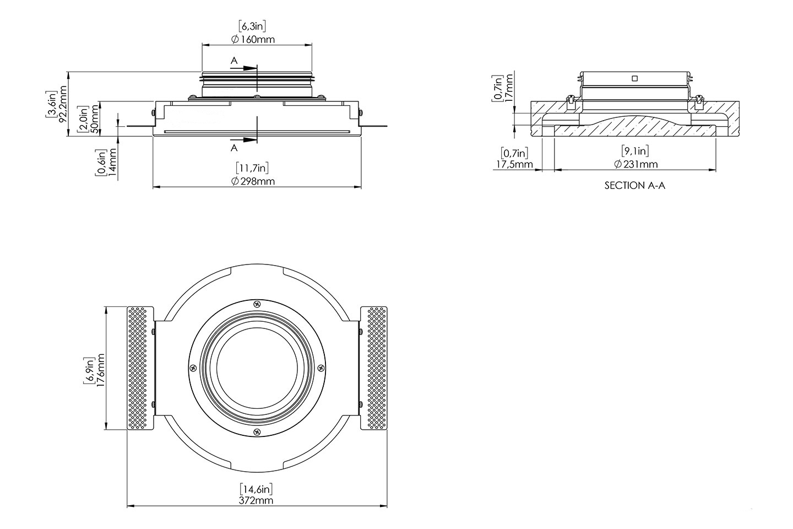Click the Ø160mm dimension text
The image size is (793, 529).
[253, 40]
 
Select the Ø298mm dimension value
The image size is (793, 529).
[253, 182]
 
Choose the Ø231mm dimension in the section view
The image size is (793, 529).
[636, 164]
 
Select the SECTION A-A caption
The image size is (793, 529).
[635, 186]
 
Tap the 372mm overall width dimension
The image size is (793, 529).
[257, 500]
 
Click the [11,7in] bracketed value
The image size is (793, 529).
[253, 168]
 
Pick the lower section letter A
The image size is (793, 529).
[234, 148]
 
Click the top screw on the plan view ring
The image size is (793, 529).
[257, 304]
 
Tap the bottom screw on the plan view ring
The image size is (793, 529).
[257, 433]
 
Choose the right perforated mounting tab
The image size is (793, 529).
[373, 368]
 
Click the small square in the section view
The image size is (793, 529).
[634, 78]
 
